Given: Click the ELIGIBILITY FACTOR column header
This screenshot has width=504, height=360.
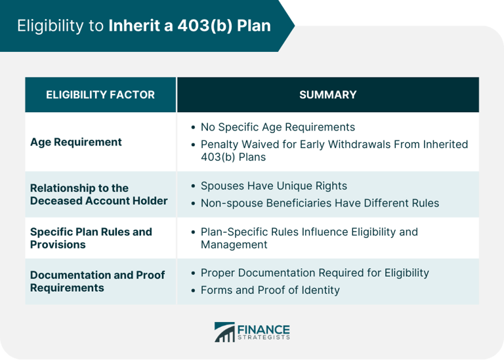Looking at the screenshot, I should (x=100, y=94).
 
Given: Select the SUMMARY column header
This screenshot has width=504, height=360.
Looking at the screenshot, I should (x=327, y=94).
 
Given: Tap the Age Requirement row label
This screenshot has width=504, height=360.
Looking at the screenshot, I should (x=76, y=142).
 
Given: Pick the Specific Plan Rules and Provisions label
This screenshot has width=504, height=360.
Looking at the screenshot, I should (x=91, y=238).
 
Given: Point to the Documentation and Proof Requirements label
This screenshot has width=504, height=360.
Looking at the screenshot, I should (x=97, y=281).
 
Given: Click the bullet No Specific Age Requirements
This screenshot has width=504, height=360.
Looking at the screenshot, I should (x=278, y=127).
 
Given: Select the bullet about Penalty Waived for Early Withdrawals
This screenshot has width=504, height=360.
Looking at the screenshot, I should (x=334, y=150).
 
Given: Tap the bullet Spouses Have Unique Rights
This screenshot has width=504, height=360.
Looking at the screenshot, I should (x=274, y=186).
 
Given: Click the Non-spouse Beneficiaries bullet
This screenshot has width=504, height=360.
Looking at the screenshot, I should (x=320, y=203).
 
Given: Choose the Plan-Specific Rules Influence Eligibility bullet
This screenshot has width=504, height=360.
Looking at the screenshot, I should (x=309, y=238).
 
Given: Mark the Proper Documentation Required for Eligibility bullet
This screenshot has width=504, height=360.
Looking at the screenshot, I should (x=314, y=272).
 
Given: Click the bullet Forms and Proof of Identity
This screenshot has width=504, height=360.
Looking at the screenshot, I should (x=270, y=289).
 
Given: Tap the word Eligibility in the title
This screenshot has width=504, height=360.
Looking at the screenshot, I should (x=50, y=26).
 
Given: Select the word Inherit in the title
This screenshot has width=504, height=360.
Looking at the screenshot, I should (x=130, y=26).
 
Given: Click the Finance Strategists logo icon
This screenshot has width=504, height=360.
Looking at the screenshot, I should (x=224, y=332).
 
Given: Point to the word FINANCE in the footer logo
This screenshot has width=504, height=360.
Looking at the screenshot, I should (x=264, y=328).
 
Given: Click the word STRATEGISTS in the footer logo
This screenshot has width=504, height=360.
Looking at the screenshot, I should (x=264, y=338).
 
